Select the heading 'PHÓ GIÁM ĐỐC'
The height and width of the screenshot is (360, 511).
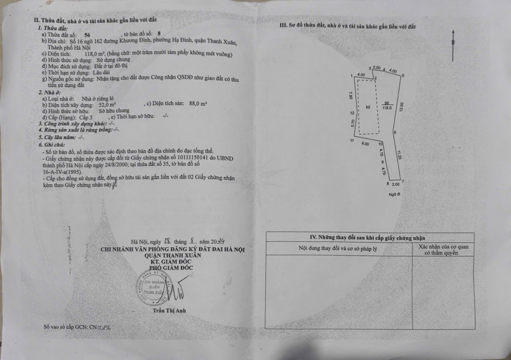171,268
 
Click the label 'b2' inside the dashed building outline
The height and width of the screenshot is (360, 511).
368,107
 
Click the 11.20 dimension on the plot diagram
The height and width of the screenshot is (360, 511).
399,155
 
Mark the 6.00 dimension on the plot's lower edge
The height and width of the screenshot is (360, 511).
365,144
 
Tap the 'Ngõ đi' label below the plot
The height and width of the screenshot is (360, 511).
395,194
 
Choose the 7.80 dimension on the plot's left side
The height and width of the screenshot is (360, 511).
351,95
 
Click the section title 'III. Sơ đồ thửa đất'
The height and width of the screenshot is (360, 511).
348,27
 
